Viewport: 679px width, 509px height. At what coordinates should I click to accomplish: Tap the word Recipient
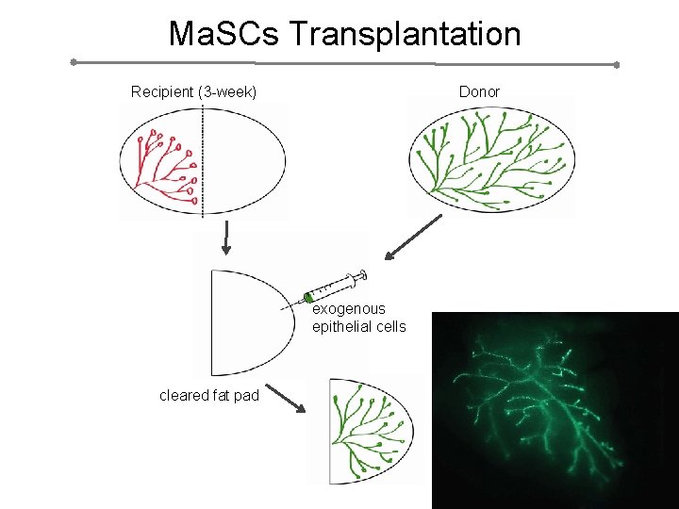pyautogui.click(x=161, y=91)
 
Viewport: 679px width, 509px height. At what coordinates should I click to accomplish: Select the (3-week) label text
pyautogui.click(x=226, y=91)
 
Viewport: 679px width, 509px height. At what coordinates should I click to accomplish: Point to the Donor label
pyautogui.click(x=479, y=91)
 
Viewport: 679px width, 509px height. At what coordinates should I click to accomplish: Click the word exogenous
pyautogui.click(x=348, y=308)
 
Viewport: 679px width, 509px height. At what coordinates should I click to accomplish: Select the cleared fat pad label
pyautogui.click(x=208, y=395)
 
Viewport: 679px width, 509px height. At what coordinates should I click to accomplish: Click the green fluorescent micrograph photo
pyautogui.click(x=555, y=410)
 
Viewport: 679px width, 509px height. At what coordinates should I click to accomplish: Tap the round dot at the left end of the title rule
pyautogui.click(x=74, y=62)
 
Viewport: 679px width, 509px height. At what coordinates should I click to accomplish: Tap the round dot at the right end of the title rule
pyautogui.click(x=616, y=65)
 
